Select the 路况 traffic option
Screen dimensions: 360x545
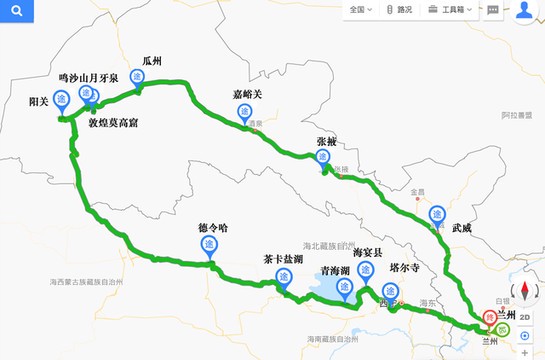pyautogui.click(x=398, y=10)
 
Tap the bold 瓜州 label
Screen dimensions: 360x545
pyautogui.click(x=152, y=60)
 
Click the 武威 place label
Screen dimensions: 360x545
pyautogui.click(x=461, y=228)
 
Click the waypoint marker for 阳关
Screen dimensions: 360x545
pyautogui.click(x=62, y=100)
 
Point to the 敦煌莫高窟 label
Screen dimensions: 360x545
pyautogui.click(x=121, y=123)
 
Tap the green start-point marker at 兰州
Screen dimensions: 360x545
pyautogui.click(x=503, y=331)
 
